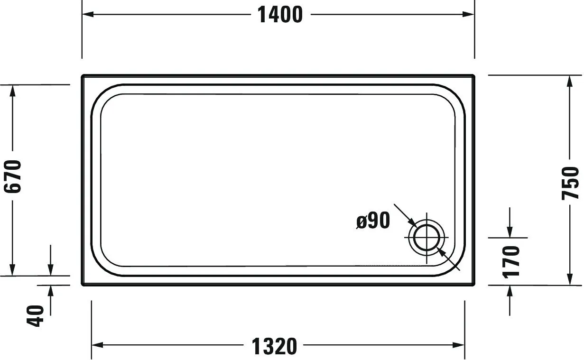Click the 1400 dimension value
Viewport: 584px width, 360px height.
click(280, 15)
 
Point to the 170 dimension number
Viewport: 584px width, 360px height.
click(511, 261)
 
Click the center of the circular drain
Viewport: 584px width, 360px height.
click(427, 238)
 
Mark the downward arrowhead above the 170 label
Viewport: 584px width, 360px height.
click(510, 231)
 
